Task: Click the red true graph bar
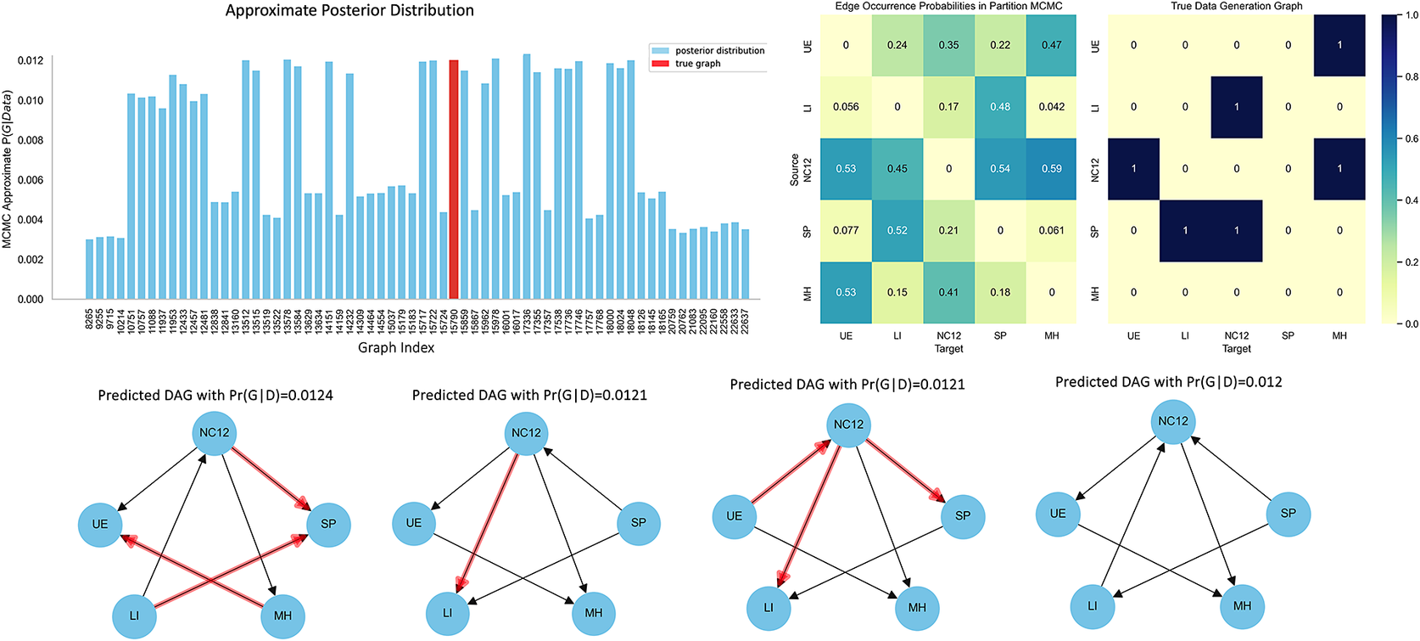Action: point(454,180)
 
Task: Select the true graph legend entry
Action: point(697,64)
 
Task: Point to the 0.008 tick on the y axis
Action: point(31,140)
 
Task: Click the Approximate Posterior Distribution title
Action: point(349,11)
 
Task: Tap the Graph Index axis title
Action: point(396,347)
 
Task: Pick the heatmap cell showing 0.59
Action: point(1051,169)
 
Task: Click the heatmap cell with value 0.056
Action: point(846,107)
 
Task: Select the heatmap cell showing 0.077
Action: point(846,230)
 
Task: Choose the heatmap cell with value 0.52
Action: point(897,230)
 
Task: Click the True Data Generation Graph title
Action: point(1236,6)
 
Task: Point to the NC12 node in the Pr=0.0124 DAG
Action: point(215,433)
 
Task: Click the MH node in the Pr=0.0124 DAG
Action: point(282,616)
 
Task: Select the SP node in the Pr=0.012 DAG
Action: point(1288,513)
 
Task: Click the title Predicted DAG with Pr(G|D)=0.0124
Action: point(215,396)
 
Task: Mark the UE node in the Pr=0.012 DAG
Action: point(1058,513)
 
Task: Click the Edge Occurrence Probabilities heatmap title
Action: point(948,6)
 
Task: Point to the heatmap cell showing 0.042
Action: point(1051,107)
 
